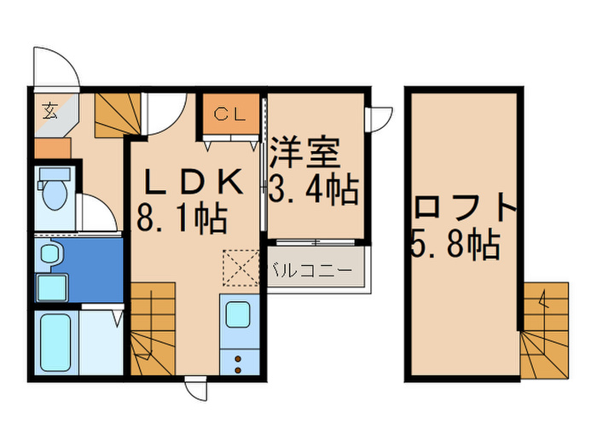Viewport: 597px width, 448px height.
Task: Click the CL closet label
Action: (x=230, y=113)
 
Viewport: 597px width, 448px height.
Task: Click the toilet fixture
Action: (x=55, y=192)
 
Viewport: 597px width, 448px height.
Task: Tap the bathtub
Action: (x=55, y=342)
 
